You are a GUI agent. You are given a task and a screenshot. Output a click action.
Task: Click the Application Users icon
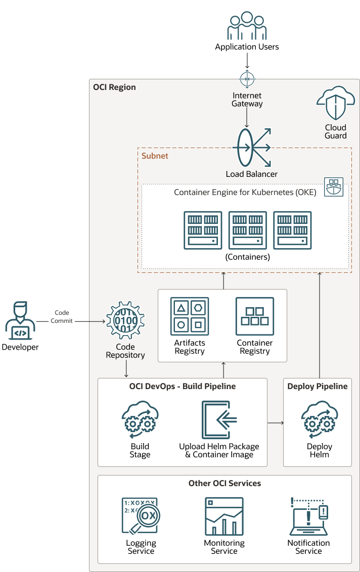[x=246, y=26]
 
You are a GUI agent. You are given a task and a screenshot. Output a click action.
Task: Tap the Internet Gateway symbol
[x=247, y=79]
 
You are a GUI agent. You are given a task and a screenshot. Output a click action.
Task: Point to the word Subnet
[x=155, y=156]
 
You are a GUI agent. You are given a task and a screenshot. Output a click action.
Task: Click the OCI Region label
[x=114, y=87]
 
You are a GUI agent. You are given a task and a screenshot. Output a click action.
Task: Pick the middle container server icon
[x=248, y=230]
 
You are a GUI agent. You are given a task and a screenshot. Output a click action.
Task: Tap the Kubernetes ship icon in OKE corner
[x=334, y=187]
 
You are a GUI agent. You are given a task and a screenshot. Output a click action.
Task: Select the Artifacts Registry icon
[x=190, y=316]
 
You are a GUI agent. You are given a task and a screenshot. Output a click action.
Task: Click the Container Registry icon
[x=255, y=316]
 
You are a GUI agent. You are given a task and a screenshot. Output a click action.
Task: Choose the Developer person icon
[x=20, y=321]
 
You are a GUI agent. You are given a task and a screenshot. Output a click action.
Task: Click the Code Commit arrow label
[x=62, y=317]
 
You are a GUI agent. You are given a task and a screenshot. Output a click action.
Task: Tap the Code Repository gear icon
[x=125, y=320]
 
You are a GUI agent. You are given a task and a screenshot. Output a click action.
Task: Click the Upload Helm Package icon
[x=219, y=420]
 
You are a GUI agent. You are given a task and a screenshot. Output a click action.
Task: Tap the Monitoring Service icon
[x=224, y=516]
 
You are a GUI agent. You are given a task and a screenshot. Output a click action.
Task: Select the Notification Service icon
[x=309, y=516]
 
